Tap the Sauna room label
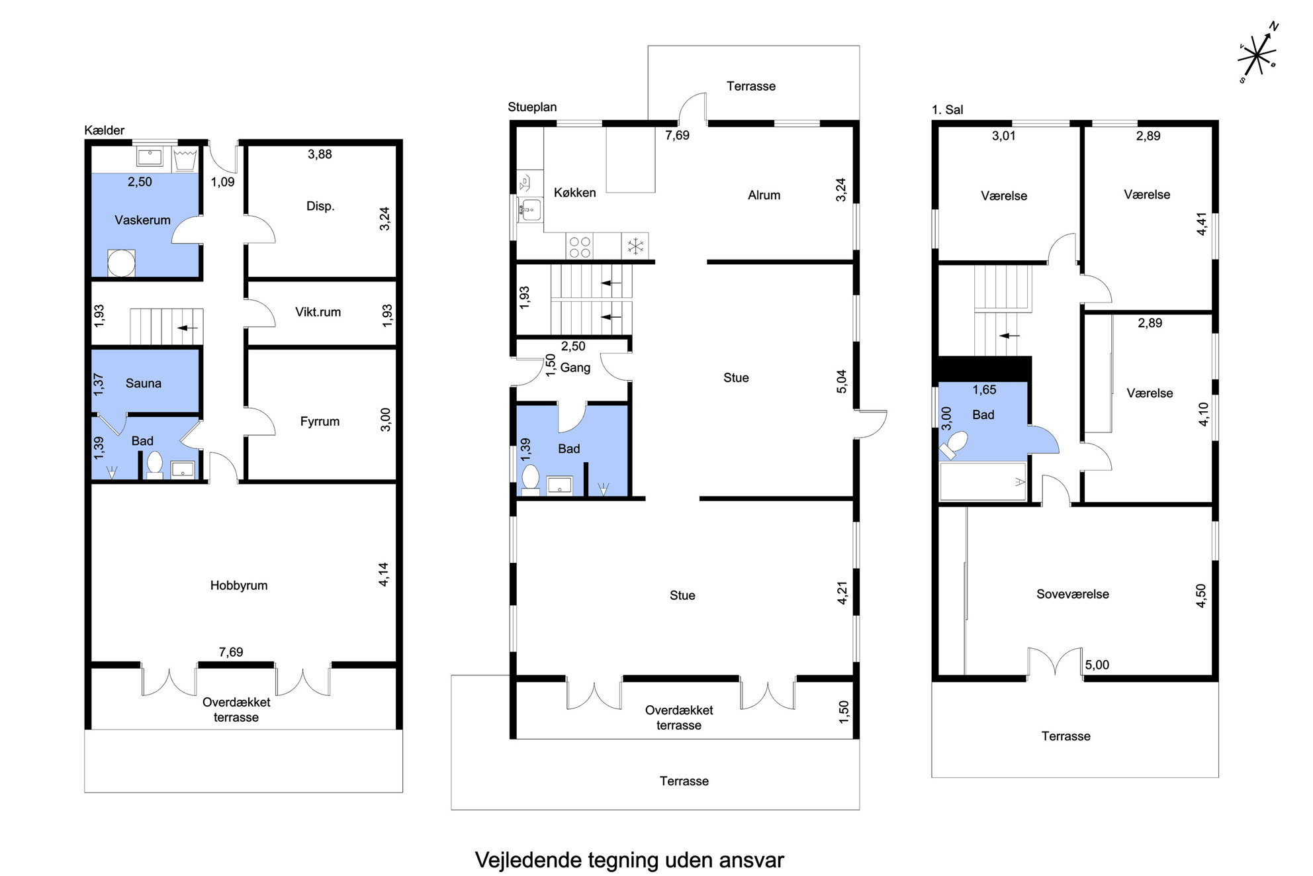point(143,383)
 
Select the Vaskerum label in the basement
point(142,220)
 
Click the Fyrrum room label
point(320,422)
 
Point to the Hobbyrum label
point(239,585)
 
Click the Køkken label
point(574,193)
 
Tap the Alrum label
point(764,195)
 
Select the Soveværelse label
point(1072,594)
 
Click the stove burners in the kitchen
point(580,247)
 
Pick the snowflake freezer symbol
point(635,247)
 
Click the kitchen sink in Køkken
point(529,211)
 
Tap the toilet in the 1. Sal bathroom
point(954,445)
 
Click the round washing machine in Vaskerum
point(121,263)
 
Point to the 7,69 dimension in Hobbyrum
point(231,652)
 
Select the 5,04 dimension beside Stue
point(841,381)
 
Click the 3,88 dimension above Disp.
point(320,154)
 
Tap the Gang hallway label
point(575,367)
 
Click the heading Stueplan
point(532,107)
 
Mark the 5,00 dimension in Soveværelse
point(1097,665)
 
